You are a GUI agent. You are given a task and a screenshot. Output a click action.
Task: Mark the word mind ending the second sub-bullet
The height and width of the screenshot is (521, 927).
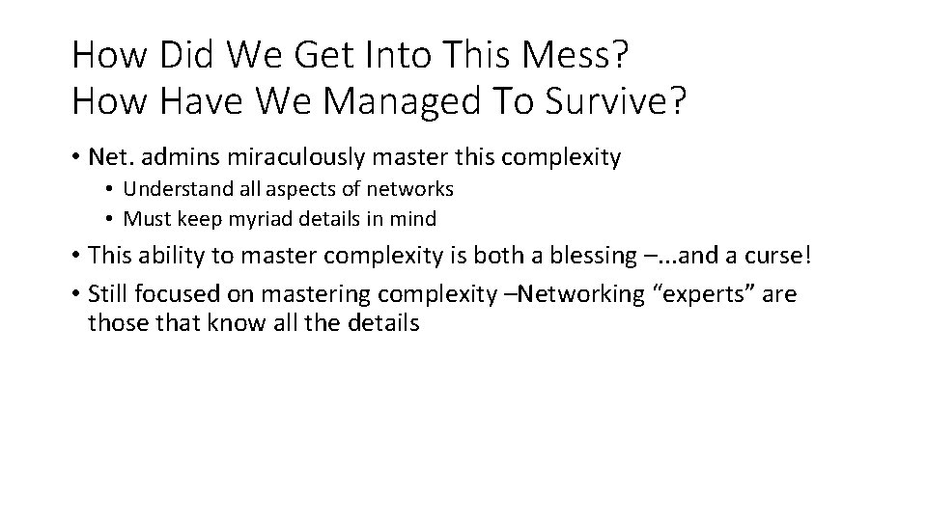click(415, 219)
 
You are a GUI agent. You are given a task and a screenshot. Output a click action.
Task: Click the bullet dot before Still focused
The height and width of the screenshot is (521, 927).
click(75, 293)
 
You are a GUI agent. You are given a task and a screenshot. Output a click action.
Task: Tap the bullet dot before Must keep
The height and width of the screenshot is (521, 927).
click(112, 219)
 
